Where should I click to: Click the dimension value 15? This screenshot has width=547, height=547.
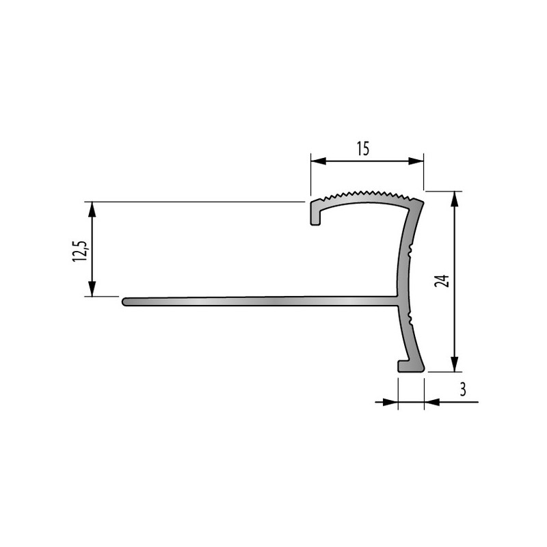(x=363, y=148)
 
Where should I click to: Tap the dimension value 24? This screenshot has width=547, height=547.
(x=442, y=281)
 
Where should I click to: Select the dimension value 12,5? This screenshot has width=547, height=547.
(x=80, y=251)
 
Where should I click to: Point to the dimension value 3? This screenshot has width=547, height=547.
(x=463, y=389)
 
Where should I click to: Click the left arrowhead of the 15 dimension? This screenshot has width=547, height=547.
(x=318, y=161)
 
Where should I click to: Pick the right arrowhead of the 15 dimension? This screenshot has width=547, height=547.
(x=416, y=161)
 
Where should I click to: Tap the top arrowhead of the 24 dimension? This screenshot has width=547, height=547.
(x=454, y=199)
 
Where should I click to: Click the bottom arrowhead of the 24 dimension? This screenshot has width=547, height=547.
(x=454, y=364)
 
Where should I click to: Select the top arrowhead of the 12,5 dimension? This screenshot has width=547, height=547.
(x=92, y=210)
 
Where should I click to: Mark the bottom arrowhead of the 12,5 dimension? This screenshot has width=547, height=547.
(x=92, y=289)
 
